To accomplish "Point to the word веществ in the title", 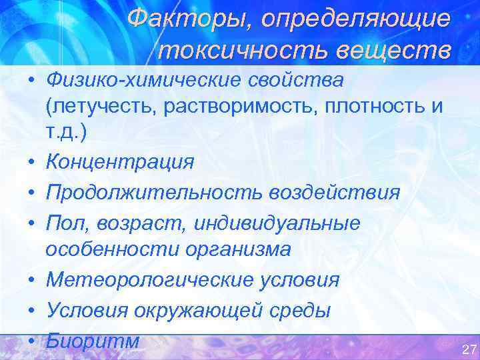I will (x=394, y=50).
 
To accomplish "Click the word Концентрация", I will (x=120, y=161).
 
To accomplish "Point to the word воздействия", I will (x=335, y=193).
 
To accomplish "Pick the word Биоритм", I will (x=93, y=341).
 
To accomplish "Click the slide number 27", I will (x=468, y=349).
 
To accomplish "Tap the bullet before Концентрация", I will (x=31, y=163).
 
